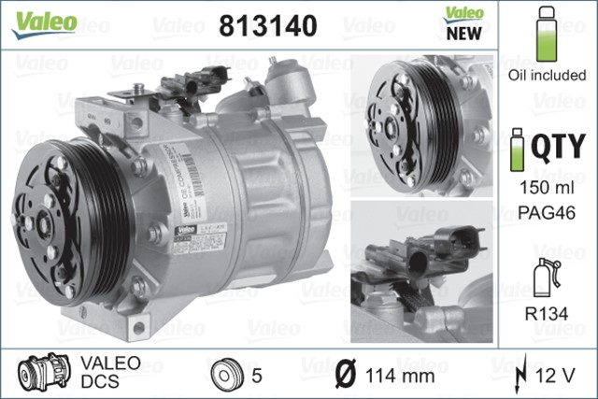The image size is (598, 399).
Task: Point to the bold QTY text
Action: (559, 148)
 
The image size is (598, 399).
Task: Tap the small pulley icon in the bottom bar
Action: (223, 375)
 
